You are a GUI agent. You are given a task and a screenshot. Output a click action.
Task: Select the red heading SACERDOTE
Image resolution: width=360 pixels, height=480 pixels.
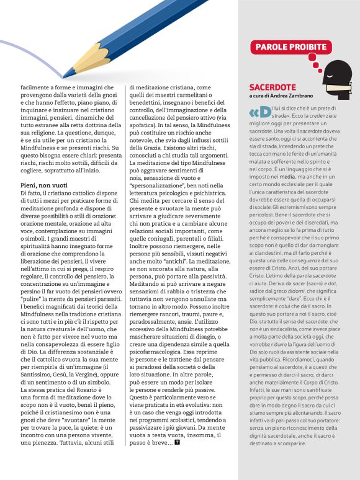click(x=272, y=87)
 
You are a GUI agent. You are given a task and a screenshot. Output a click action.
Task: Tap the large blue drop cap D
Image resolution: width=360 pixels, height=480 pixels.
click(x=265, y=113)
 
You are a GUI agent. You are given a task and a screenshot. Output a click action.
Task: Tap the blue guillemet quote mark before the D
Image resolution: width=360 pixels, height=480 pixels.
click(x=254, y=113)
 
